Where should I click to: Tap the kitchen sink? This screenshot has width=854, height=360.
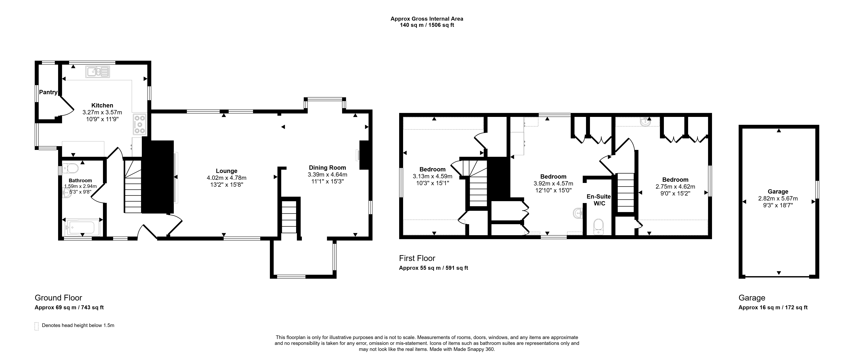click(97, 72)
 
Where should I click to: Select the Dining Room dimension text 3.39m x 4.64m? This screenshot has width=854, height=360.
click(327, 174)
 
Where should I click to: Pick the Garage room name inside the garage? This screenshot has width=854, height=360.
click(778, 192)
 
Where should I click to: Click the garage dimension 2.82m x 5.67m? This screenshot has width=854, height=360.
click(778, 199)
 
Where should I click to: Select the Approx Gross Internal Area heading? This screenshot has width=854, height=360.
click(427, 19)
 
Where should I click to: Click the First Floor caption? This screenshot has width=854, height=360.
click(417, 258)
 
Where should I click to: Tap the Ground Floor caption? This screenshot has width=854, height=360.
click(58, 298)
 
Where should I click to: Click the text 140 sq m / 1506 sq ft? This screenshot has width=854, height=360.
click(427, 25)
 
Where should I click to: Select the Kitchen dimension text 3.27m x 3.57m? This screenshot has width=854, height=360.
click(102, 112)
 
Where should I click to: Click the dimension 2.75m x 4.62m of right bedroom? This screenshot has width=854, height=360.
click(675, 187)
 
